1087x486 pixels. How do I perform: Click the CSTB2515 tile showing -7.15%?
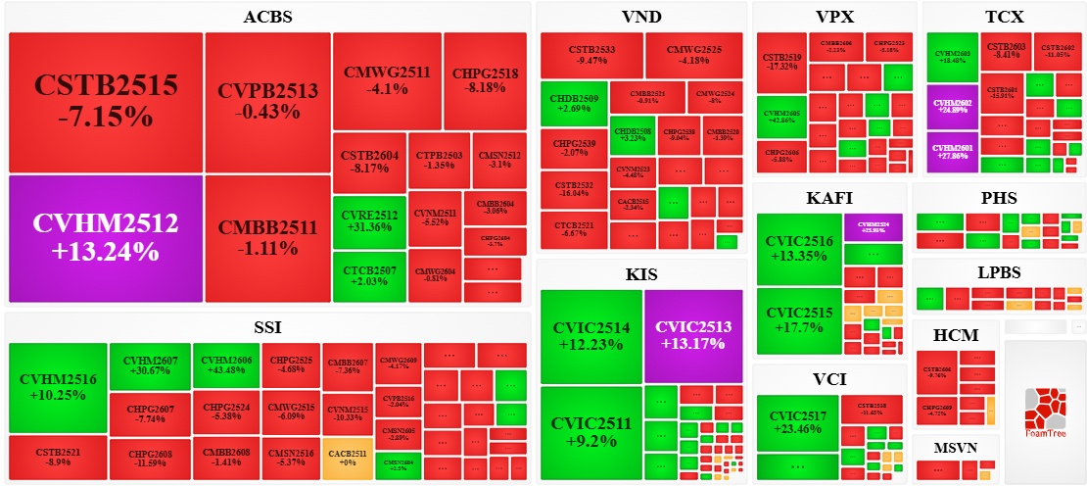pos(105,102)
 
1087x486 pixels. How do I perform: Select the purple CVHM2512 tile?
pos(105,237)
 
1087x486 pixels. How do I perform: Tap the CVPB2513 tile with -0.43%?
pos(267,102)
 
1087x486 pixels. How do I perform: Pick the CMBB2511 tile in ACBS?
pos(267,237)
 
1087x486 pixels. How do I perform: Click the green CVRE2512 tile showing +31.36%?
pos(368,220)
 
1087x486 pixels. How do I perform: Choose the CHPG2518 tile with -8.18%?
pos(485,80)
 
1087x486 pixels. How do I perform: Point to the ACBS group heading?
pos(267,17)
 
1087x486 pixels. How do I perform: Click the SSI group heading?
pos(267,326)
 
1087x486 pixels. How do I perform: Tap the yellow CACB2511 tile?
pos(347,458)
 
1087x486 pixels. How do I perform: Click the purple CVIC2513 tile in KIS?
pos(694,335)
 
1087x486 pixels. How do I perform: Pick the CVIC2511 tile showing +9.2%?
pos(591,433)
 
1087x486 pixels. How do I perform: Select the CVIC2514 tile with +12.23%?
pos(591,335)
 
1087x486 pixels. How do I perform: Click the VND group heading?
pos(641,17)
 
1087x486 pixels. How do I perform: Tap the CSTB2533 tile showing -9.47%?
pos(591,54)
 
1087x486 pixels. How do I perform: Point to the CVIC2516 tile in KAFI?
pos(798,249)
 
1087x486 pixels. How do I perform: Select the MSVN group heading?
pos(956,447)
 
